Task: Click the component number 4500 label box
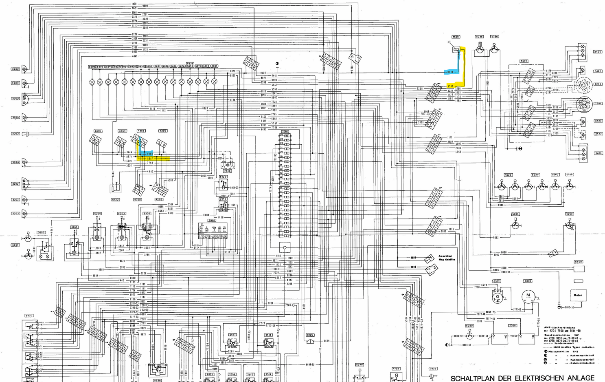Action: [456, 37]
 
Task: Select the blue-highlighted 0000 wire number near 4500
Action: [450, 72]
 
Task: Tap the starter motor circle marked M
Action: [528, 296]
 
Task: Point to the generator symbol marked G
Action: [497, 297]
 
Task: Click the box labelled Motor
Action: [578, 295]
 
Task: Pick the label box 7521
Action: [524, 61]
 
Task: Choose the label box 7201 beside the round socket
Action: [598, 104]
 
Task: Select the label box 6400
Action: [578, 262]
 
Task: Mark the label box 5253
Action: [569, 214]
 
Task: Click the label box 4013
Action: [98, 131]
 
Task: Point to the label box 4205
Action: [162, 131]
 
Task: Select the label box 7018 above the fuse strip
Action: [285, 132]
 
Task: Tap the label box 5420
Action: [29, 316]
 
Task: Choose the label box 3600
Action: [41, 232]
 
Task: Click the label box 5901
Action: [212, 221]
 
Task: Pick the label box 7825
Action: [309, 335]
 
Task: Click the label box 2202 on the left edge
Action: [15, 134]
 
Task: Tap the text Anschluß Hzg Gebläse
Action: [447, 258]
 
